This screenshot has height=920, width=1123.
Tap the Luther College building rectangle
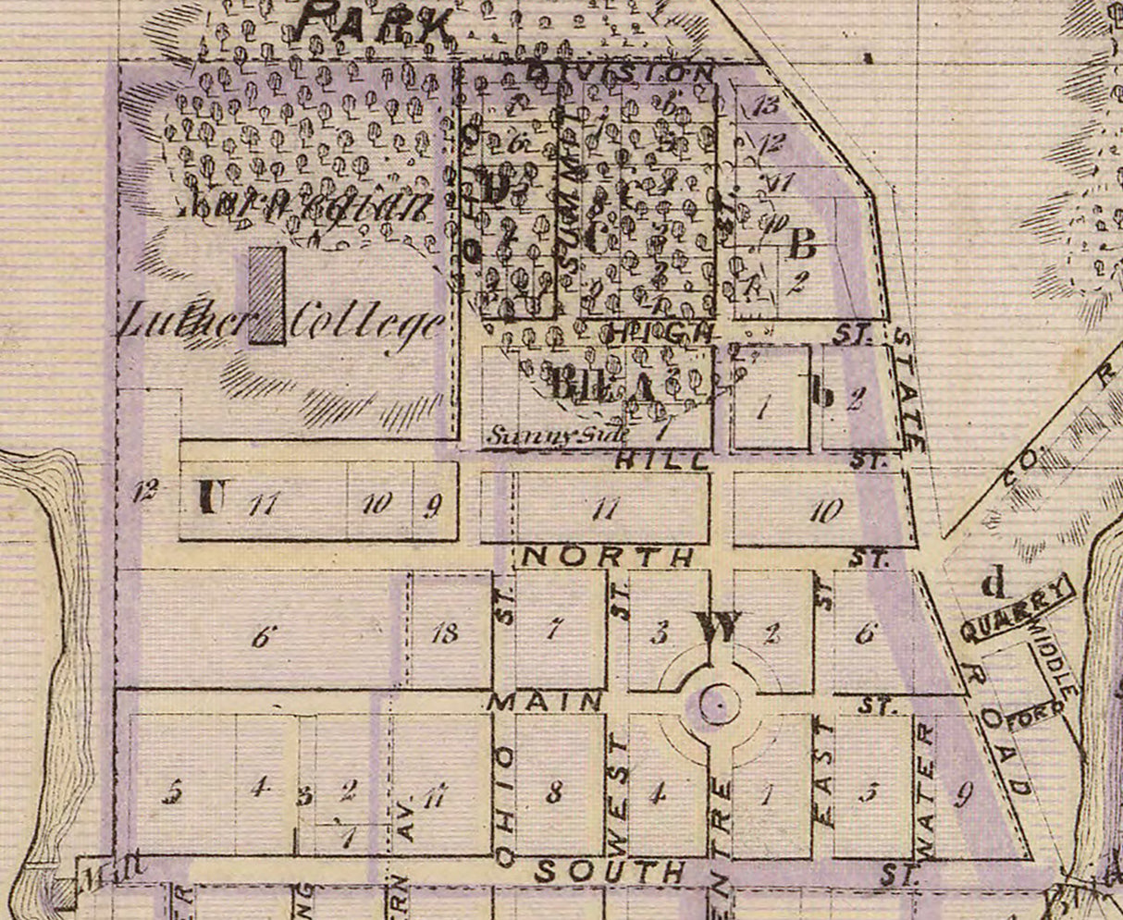pos(266,295)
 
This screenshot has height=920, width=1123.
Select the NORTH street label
pos(608,556)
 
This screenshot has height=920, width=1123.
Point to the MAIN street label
pos(545,701)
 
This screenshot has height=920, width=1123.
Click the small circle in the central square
pos(715,705)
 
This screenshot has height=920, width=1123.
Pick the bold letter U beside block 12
pos(212,498)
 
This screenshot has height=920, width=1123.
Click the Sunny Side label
pos(559,434)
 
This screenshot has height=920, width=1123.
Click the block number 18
pos(445,633)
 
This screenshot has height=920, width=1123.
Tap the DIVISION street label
pos(620,71)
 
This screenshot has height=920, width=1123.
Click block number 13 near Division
pos(766,104)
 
